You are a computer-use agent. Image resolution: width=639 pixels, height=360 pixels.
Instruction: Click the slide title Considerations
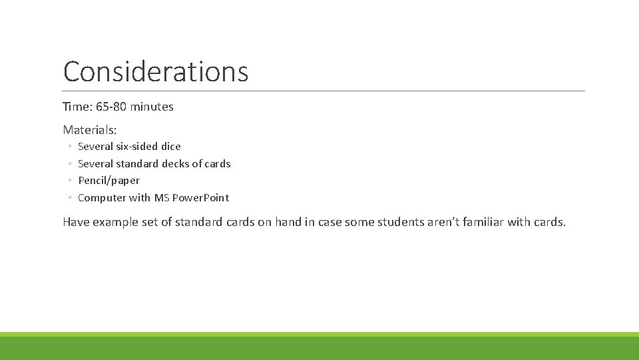coord(155,71)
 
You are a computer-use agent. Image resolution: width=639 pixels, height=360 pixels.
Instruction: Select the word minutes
coord(152,107)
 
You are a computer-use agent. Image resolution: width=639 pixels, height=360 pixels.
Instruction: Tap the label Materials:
coord(89,129)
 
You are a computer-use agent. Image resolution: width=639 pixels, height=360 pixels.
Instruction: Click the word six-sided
coord(136,147)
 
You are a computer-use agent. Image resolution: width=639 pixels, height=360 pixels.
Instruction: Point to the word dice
coord(171,147)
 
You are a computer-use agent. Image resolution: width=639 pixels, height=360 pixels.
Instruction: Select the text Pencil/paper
coord(108,181)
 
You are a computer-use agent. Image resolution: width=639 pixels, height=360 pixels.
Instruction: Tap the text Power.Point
coord(200,198)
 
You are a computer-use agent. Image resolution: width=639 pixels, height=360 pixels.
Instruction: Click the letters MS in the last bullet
coord(162,198)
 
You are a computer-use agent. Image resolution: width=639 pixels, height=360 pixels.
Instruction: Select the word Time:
coord(76,107)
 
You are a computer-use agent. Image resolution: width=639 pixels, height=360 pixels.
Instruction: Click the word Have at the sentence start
coord(76,222)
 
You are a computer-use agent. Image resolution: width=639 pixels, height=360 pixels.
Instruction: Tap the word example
coord(115,222)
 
